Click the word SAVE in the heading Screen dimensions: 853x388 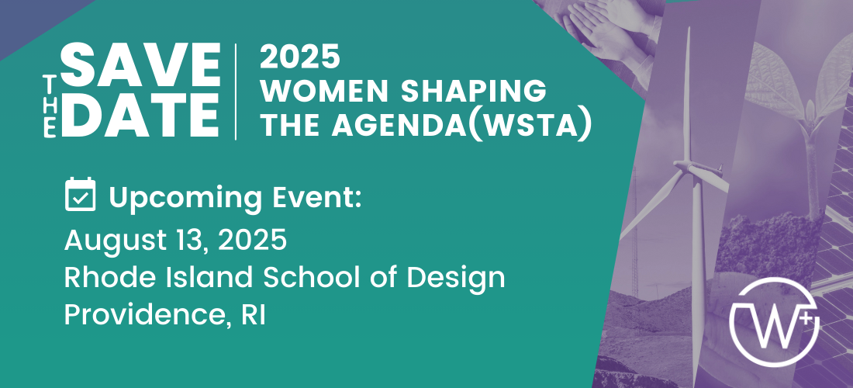tap(141, 65)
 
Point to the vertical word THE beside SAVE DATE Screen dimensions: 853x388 tap(49, 106)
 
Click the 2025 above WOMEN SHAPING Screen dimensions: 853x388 tap(300, 57)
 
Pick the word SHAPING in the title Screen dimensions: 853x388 tap(474, 91)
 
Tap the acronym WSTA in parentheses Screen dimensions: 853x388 tap(530, 125)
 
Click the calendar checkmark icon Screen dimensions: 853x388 tap(81, 194)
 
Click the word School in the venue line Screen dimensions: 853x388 tap(308, 278)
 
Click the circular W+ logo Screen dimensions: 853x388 tap(774, 321)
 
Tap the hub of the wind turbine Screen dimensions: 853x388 tap(688, 165)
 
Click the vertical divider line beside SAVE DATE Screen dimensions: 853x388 tap(236, 92)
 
